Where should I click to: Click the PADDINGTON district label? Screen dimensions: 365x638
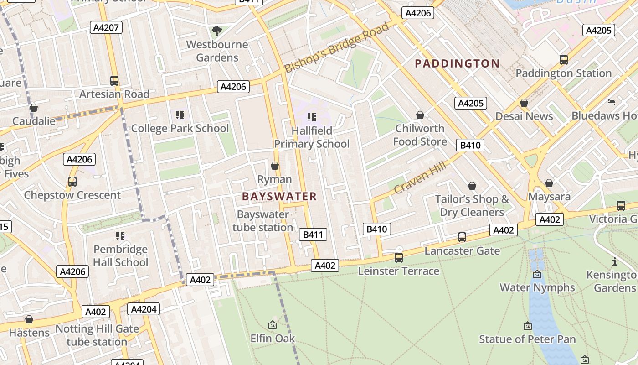pyautogui.click(x=457, y=63)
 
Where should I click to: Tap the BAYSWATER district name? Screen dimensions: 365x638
pyautogui.click(x=279, y=197)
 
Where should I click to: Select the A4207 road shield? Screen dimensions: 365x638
pyautogui.click(x=106, y=28)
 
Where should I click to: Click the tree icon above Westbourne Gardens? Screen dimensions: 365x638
pyautogui.click(x=217, y=31)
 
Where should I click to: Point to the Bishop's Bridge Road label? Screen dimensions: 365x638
pyautogui.click(x=337, y=47)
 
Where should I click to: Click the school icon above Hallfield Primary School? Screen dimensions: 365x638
pyautogui.click(x=312, y=117)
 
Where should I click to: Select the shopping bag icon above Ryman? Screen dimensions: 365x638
pyautogui.click(x=275, y=166)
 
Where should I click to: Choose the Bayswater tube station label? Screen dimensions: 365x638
pyautogui.click(x=263, y=221)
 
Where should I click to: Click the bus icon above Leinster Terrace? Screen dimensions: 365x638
pyautogui.click(x=399, y=258)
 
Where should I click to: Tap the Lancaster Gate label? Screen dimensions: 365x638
pyautogui.click(x=462, y=251)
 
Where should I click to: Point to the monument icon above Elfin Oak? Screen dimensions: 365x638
pyautogui.click(x=273, y=325)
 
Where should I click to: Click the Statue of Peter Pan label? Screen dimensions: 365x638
pyautogui.click(x=527, y=339)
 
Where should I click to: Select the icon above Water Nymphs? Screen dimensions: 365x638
pyautogui.click(x=537, y=274)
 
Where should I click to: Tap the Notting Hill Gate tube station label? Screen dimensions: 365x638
pyautogui.click(x=97, y=335)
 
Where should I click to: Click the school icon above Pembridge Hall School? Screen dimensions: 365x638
pyautogui.click(x=120, y=236)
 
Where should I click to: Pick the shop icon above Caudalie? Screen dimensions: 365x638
pyautogui.click(x=34, y=108)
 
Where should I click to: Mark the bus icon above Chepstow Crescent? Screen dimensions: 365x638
pyautogui.click(x=72, y=182)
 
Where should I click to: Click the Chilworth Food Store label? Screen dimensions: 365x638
pyautogui.click(x=420, y=135)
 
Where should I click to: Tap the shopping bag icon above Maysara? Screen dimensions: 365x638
pyautogui.click(x=549, y=183)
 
